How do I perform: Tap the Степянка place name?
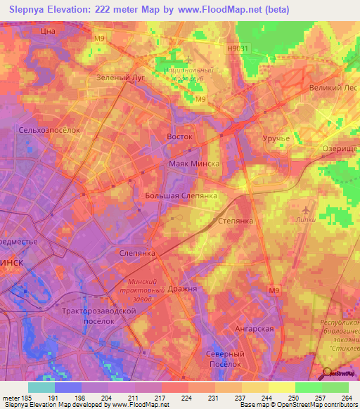click(236, 220)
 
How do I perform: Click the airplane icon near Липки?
click(304, 210)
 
